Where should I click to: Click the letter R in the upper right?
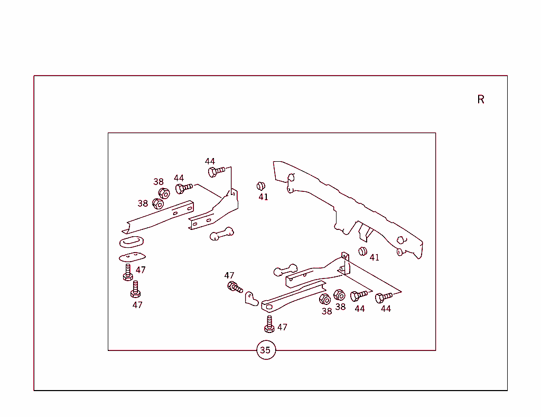point(481,99)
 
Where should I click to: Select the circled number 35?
point(265,350)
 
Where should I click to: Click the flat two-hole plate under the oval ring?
point(132,257)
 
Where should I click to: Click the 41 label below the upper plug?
point(263,197)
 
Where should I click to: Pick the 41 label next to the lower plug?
point(375,257)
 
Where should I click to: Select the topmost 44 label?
point(210,161)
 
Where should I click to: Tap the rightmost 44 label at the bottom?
point(386,309)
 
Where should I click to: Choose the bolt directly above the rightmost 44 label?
point(384,298)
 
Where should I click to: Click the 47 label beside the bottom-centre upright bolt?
point(282,327)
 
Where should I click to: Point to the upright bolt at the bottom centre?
point(269,324)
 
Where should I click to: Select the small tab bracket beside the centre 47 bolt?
point(251,299)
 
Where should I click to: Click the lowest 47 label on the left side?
point(137,305)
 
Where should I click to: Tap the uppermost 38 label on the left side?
point(158,182)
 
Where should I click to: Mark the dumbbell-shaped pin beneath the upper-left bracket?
point(221,234)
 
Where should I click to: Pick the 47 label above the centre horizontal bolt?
point(229,275)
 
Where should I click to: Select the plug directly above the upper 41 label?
point(260,186)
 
